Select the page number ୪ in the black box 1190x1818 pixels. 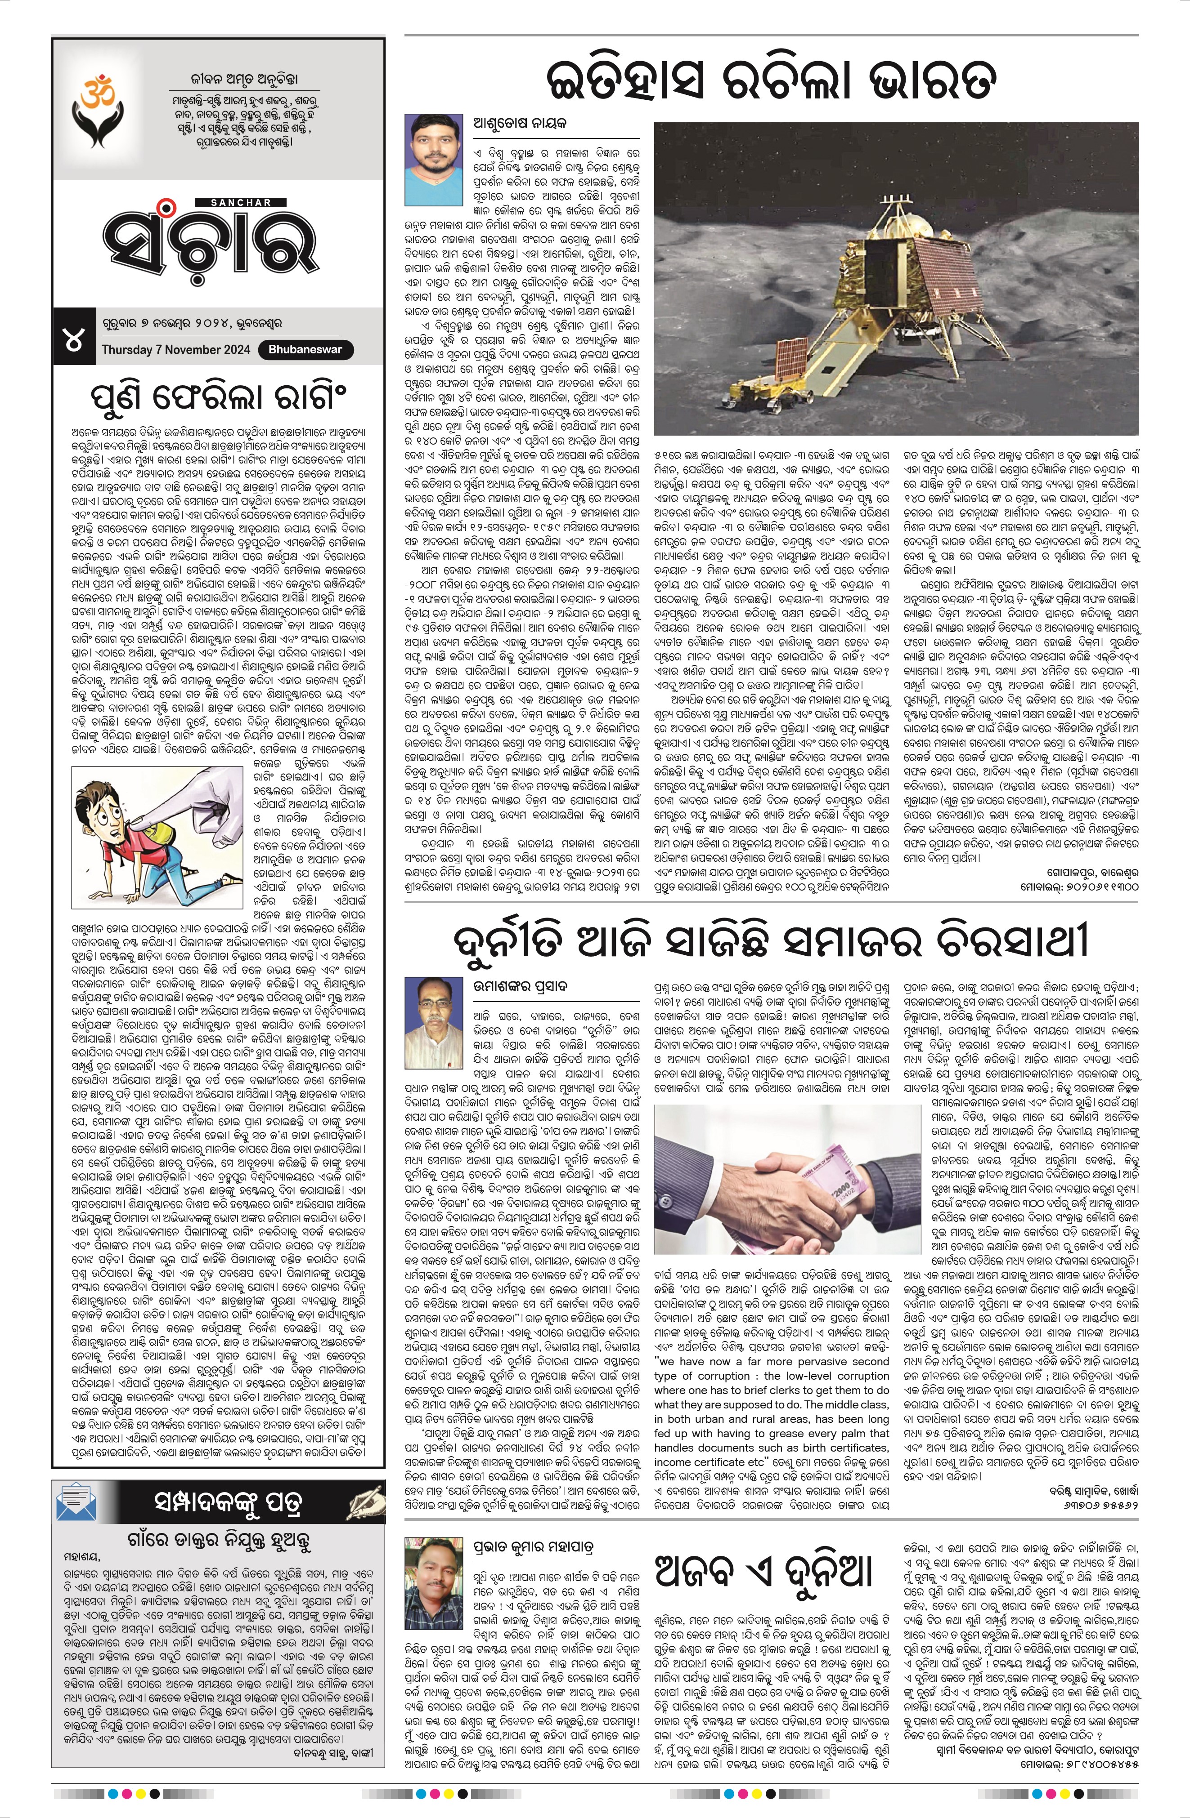pos(74,341)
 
